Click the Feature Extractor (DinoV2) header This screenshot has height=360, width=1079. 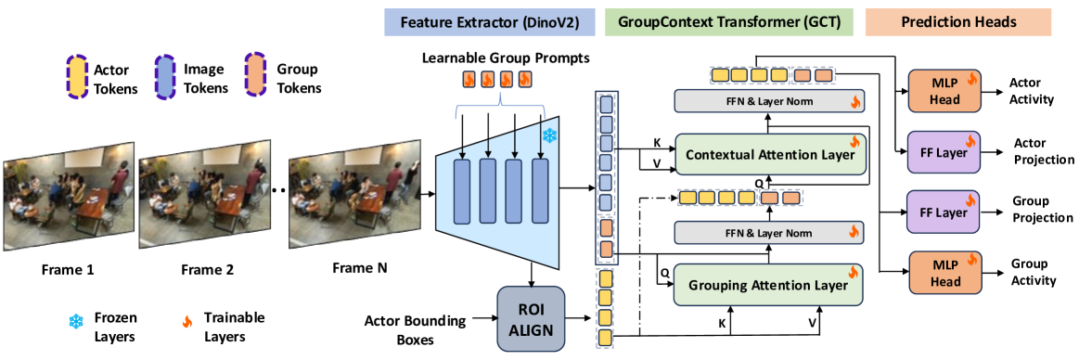tap(489, 22)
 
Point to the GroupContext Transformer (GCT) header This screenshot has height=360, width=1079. tap(728, 22)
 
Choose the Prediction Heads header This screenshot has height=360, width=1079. tap(957, 22)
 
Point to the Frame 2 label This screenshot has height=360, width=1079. tap(203, 269)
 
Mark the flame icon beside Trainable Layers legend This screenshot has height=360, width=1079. tap(186, 321)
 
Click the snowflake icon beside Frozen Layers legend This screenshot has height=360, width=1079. tap(73, 321)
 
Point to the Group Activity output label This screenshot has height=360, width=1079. tap(1034, 272)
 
